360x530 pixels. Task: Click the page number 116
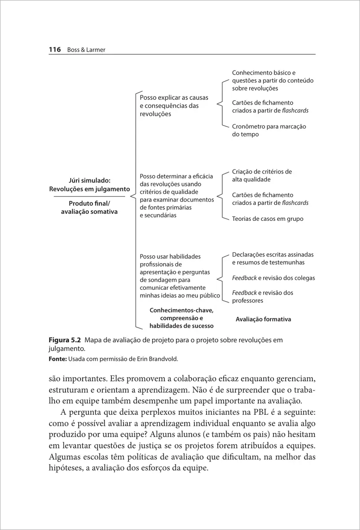coord(54,50)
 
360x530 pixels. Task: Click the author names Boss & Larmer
coord(86,50)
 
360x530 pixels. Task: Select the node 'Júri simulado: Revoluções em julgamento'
coord(89,185)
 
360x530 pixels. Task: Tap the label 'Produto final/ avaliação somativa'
coord(89,207)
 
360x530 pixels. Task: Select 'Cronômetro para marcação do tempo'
coord(269,130)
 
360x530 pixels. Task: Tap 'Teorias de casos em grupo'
coord(268,219)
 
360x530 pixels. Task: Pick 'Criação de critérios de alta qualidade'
coord(262,175)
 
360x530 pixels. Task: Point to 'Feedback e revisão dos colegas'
coord(273,278)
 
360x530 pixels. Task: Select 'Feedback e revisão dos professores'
coord(262,296)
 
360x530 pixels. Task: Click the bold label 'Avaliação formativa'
coord(263,319)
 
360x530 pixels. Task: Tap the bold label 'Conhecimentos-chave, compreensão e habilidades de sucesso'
coord(181,318)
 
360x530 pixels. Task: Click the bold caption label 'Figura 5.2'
coord(64,340)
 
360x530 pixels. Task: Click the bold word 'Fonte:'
coord(57,359)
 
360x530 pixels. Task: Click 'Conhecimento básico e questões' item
coord(273,80)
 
